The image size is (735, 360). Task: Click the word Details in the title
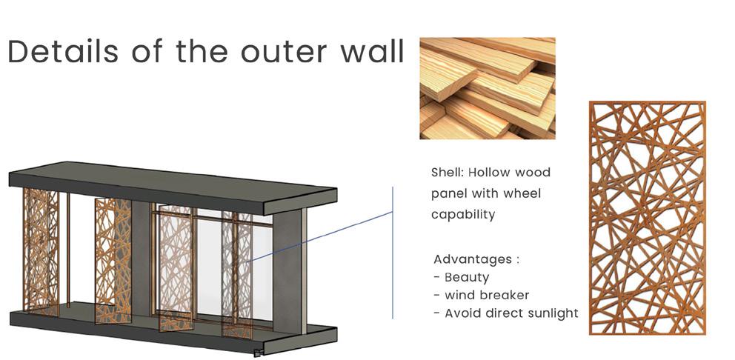pos(63,52)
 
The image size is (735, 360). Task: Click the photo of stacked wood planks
pos(488,89)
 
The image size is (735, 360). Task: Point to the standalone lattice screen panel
pos(648,218)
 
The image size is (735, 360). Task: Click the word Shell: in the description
pos(448,173)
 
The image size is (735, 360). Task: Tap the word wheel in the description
pos(522,193)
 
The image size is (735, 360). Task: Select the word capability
pos(463,215)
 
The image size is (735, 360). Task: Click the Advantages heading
pos(476,260)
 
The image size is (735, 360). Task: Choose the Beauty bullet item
pos(462,278)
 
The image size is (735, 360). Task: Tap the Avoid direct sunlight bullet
pos(506,313)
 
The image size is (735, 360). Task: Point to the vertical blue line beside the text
pos(393,253)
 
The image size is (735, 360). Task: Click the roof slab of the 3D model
pos(173,187)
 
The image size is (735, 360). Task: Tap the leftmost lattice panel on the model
pos(41,251)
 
